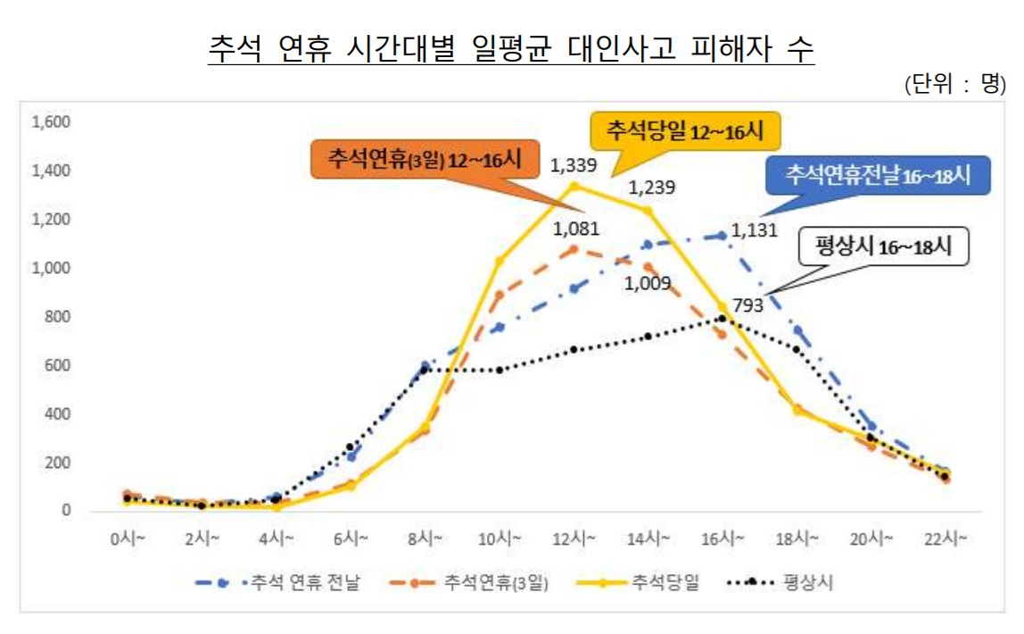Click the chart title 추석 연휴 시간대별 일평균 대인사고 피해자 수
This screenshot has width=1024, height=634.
[x=511, y=48]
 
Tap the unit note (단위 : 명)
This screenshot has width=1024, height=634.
[x=954, y=86]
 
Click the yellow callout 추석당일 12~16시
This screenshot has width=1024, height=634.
[x=685, y=131]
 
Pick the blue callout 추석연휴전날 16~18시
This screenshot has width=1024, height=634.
[x=878, y=175]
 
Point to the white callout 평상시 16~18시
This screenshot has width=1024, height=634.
[x=884, y=247]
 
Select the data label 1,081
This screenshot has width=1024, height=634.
[x=576, y=229]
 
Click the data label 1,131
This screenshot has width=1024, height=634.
[x=754, y=230]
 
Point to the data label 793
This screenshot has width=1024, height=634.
[x=747, y=305]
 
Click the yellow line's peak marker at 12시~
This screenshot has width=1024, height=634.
[x=574, y=186]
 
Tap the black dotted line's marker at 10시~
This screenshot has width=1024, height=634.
[x=500, y=370]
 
